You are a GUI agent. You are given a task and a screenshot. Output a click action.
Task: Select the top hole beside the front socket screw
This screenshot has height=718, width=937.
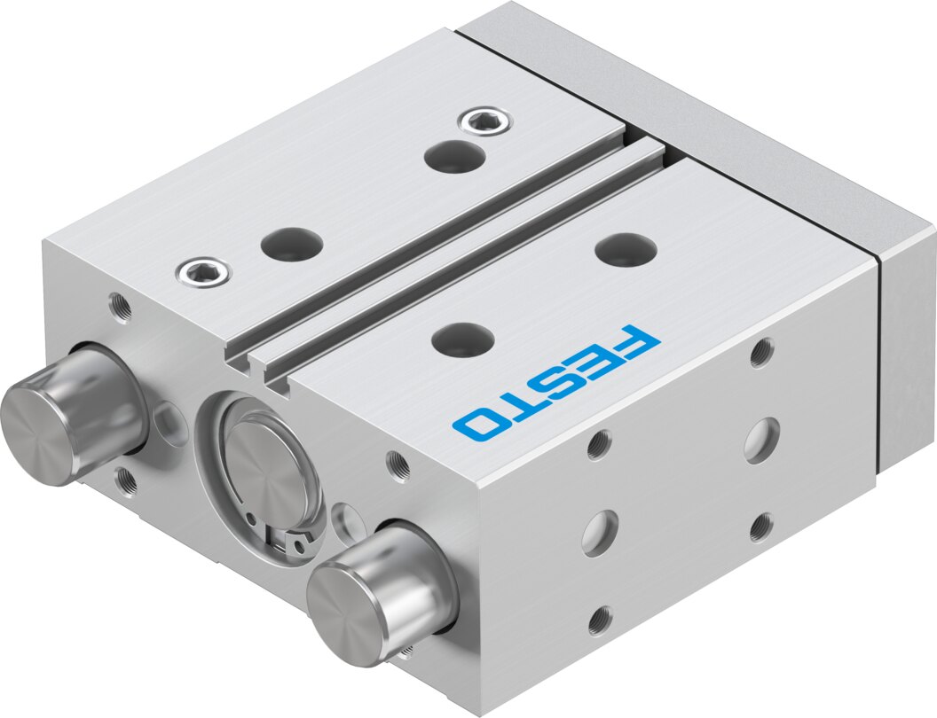click(x=292, y=242)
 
